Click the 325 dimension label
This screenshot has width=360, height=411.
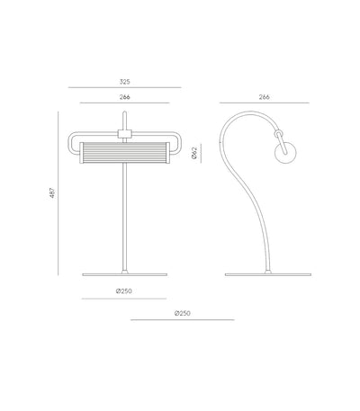(124, 82)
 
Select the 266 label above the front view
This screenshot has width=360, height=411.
(124, 97)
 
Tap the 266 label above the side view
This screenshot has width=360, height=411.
(264, 97)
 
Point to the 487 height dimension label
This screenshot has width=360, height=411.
(52, 192)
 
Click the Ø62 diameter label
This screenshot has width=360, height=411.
(194, 153)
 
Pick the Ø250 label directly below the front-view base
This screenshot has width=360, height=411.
(123, 291)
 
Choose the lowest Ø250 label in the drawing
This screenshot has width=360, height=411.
(182, 313)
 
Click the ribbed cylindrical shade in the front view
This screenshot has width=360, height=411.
(124, 153)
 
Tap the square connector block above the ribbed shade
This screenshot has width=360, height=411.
(124, 134)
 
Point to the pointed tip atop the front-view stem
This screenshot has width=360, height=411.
(125, 112)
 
